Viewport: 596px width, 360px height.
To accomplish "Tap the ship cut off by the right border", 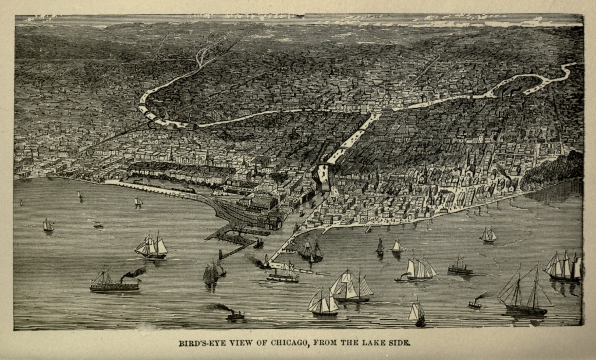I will [563, 268].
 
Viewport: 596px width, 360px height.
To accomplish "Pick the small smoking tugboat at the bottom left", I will [234, 315].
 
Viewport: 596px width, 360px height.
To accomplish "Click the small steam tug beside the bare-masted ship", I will [476, 302].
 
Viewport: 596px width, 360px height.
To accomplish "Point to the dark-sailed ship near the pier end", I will [211, 273].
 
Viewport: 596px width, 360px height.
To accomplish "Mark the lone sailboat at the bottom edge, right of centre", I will [417, 314].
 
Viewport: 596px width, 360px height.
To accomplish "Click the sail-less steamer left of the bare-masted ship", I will [460, 269].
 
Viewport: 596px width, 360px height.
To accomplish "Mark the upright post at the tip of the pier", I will [219, 254].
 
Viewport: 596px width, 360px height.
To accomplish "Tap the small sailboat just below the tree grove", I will [488, 235].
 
